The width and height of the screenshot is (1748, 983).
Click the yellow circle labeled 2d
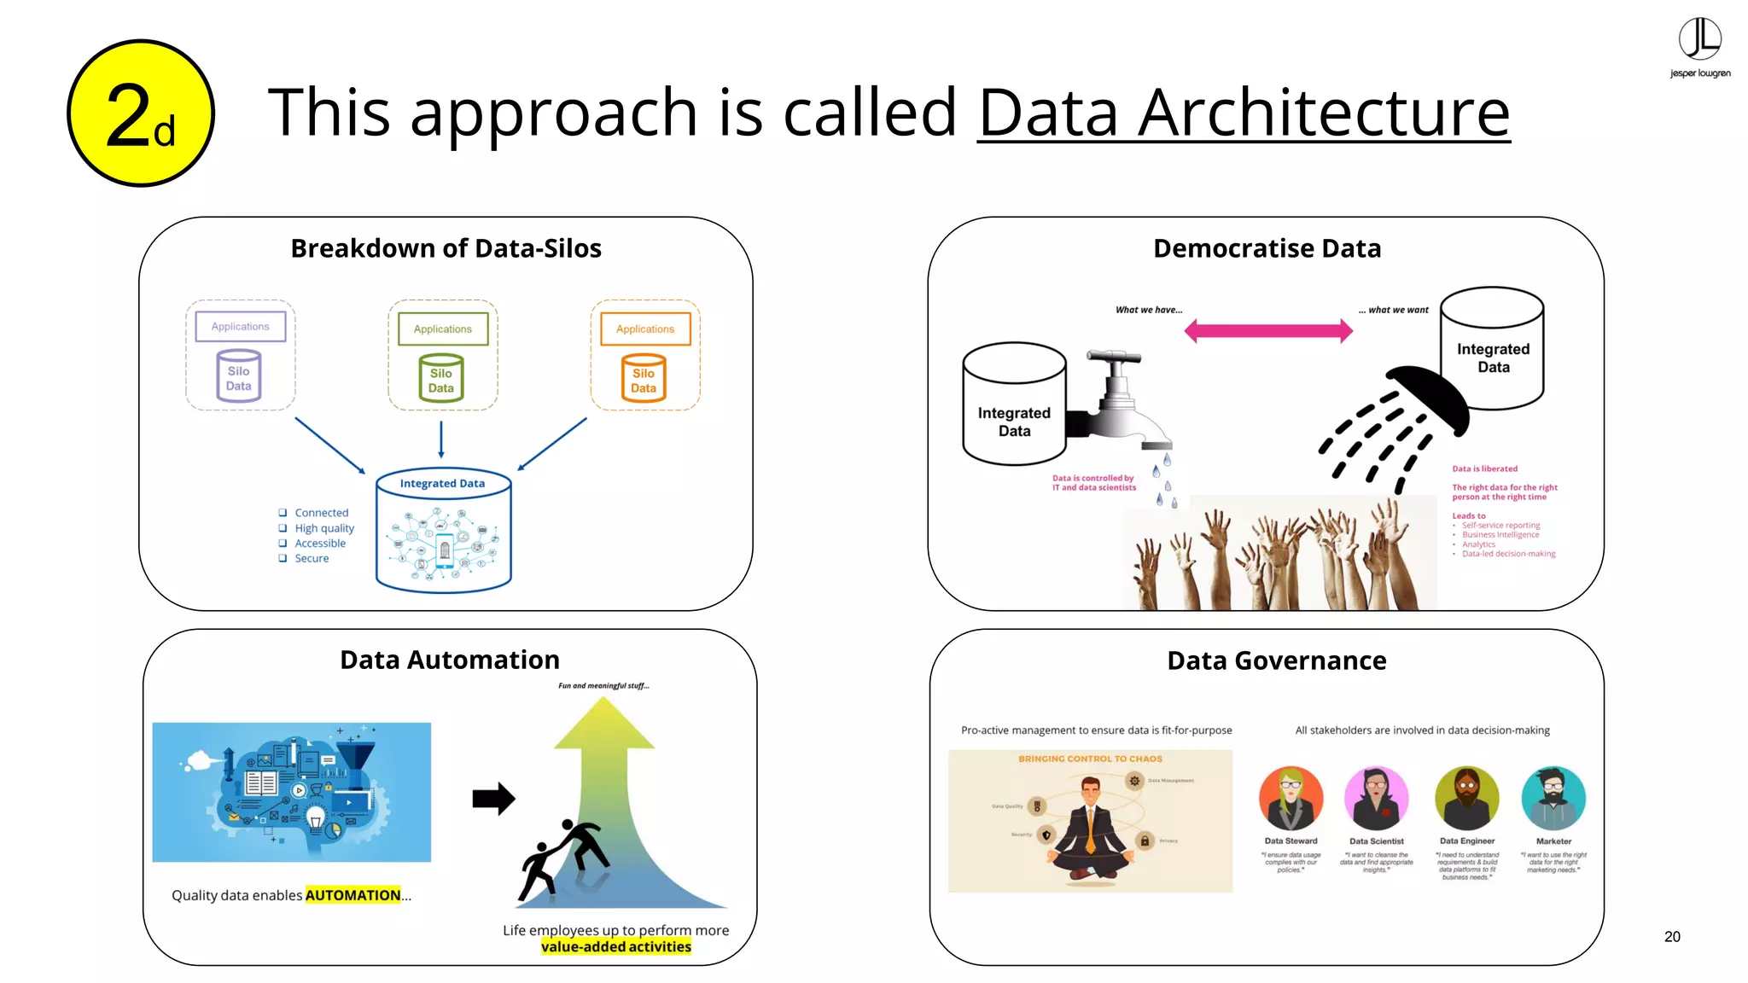point(141,113)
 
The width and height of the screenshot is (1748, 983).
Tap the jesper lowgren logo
point(1699,48)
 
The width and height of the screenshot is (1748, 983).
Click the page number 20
point(1671,937)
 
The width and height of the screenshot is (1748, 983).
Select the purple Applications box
point(240,327)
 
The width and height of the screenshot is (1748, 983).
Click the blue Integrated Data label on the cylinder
point(442,484)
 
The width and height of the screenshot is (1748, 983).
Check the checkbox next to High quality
point(283,528)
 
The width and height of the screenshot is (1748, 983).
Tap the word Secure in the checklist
point(312,559)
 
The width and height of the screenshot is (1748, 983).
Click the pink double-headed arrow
point(1268,331)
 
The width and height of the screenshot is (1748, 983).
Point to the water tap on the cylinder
point(1118,401)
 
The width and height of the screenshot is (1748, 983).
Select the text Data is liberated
point(1484,468)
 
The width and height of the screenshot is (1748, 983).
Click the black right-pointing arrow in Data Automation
point(493,799)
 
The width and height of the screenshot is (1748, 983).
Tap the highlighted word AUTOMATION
point(353,895)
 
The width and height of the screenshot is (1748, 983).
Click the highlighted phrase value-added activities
point(615,946)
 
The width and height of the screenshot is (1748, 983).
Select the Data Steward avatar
point(1291,799)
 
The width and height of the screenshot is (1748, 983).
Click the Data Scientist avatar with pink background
point(1376,799)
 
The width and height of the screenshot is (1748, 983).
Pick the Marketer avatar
point(1553,799)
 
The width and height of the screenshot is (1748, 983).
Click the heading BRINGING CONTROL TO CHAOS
point(1090,759)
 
